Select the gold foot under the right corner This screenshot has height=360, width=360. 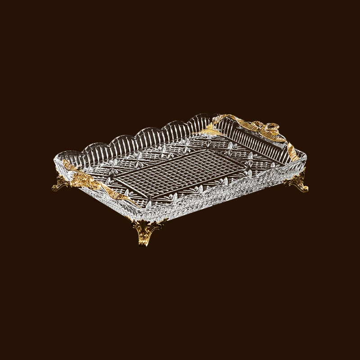297,183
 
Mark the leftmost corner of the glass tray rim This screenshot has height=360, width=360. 55,158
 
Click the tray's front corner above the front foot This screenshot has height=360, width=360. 145,211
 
